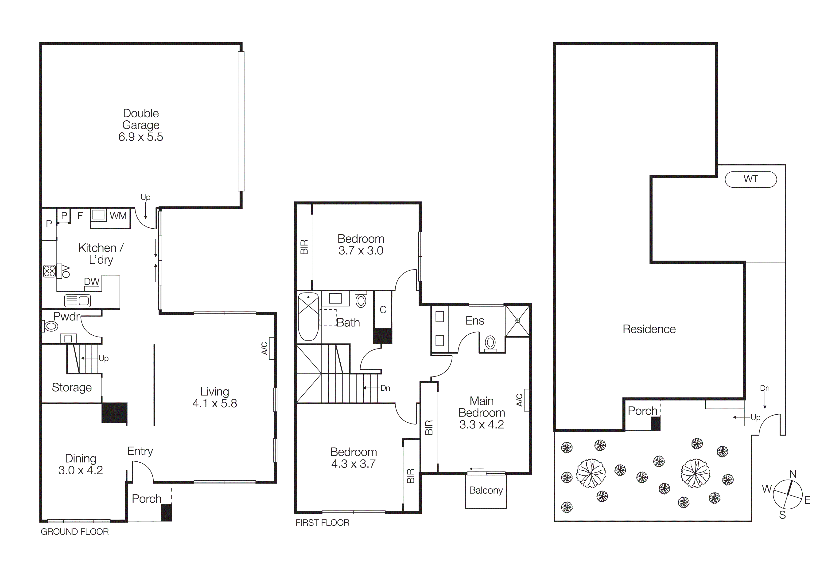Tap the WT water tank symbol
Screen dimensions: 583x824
coord(751,179)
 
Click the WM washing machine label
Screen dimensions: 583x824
coord(118,216)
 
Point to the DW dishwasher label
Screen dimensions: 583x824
coord(92,282)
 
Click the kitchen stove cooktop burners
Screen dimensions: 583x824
coord(50,271)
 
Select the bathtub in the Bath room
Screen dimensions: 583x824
coord(308,316)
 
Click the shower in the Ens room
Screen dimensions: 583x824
coord(517,321)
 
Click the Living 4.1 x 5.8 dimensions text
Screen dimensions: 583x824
coord(215,403)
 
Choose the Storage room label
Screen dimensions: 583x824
coord(72,387)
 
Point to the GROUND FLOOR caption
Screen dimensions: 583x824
coord(75,532)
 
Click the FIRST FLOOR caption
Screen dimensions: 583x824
coord(322,523)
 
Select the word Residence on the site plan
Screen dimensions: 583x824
coord(649,329)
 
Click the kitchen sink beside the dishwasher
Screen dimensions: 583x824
coord(78,300)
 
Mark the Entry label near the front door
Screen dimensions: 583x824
coord(140,451)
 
